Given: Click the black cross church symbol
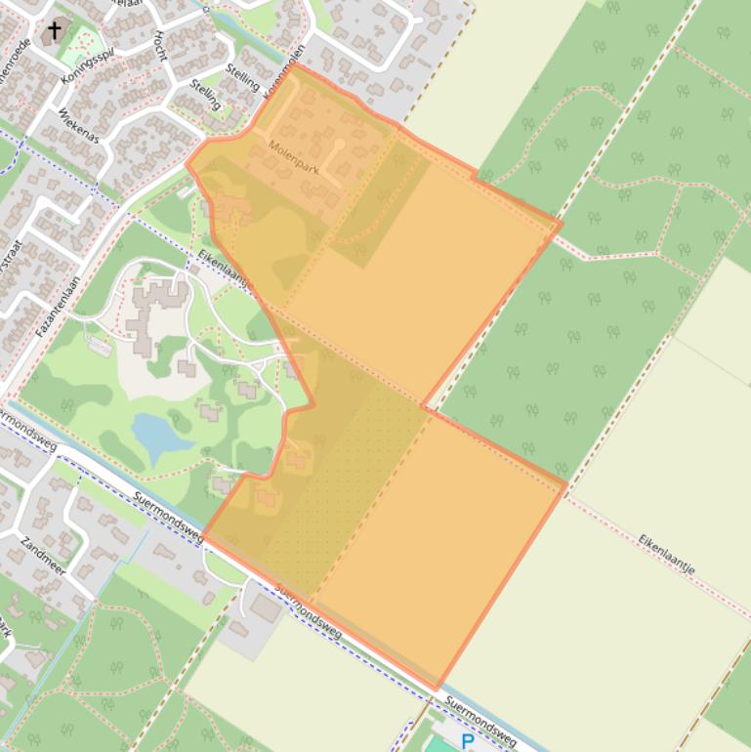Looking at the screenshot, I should tap(54, 31).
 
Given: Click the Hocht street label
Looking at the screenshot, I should tap(158, 44).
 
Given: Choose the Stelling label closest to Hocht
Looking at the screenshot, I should tap(205, 94).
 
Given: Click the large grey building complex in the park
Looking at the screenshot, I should tap(156, 313).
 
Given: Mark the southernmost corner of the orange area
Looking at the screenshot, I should tap(437, 689).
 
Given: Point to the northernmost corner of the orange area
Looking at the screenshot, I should tap(294, 65).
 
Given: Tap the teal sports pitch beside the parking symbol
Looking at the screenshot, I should tap(439, 745).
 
